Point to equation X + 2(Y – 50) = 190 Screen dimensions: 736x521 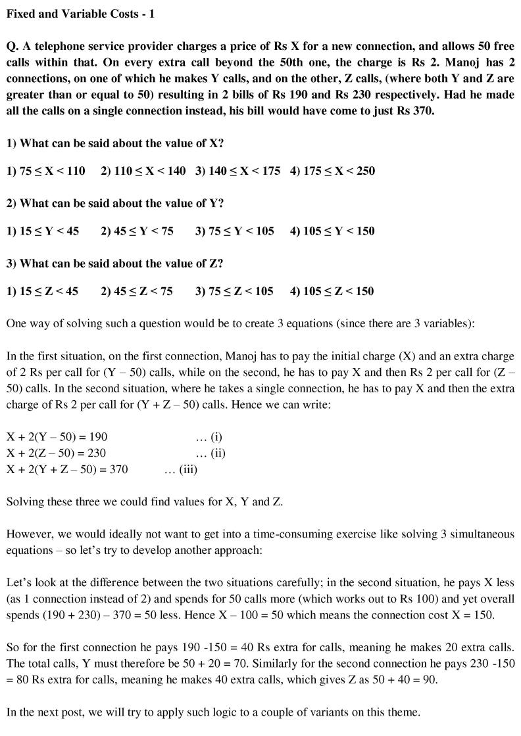[x=57, y=437]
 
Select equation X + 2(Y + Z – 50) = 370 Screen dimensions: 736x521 [x=67, y=469]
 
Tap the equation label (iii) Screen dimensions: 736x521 [x=181, y=469]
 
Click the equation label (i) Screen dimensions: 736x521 [x=209, y=437]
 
